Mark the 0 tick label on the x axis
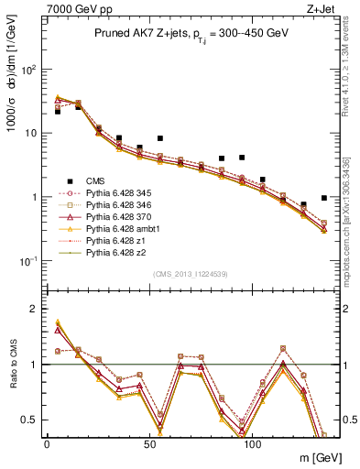tap(48, 442)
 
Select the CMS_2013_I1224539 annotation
tap(190, 273)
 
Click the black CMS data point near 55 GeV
tap(160, 138)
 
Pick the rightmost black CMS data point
tap(324, 198)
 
